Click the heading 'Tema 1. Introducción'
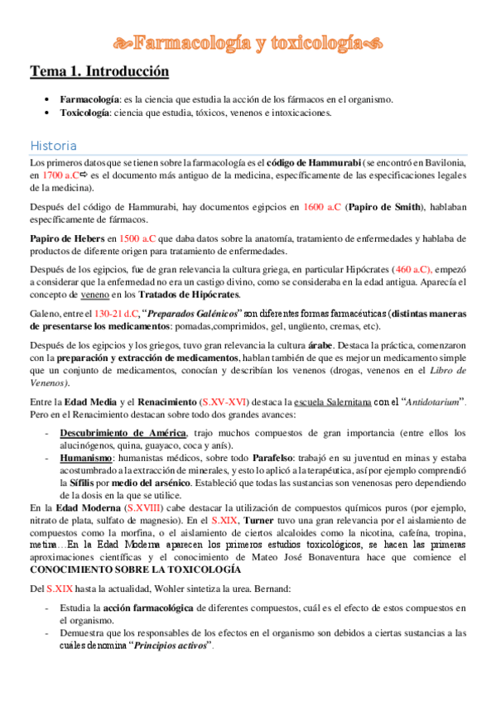pos(99,72)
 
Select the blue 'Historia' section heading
pos(53,145)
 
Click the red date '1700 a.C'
pos(60,175)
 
